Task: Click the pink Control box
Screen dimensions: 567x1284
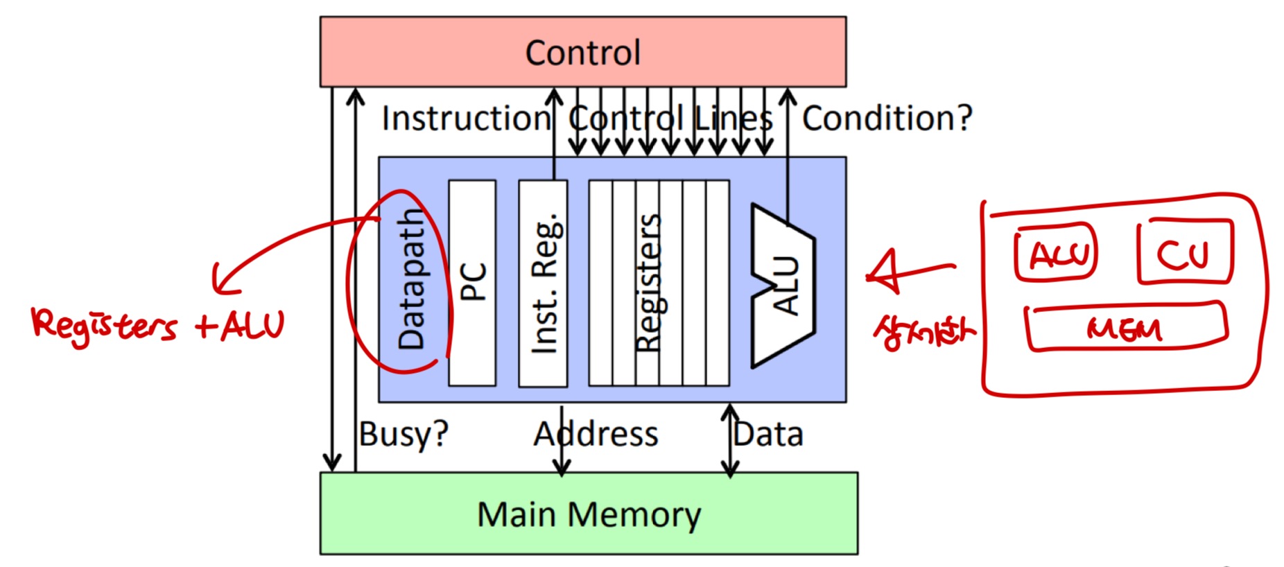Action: pos(582,52)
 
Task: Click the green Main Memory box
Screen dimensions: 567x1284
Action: pos(588,514)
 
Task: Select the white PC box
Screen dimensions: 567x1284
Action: pos(472,282)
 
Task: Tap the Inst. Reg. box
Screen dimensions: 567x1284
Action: pos(543,282)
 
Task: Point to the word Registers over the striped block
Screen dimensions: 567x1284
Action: pos(648,282)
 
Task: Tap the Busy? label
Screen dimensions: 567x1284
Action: pos(404,435)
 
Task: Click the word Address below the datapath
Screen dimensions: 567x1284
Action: pos(595,435)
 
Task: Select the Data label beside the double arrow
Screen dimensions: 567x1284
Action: pos(768,435)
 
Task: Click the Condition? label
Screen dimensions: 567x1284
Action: pos(887,119)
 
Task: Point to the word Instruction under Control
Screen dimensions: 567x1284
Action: pos(466,119)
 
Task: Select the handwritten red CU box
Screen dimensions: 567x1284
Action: pos(1184,252)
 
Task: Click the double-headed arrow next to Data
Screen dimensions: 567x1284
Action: pos(729,441)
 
